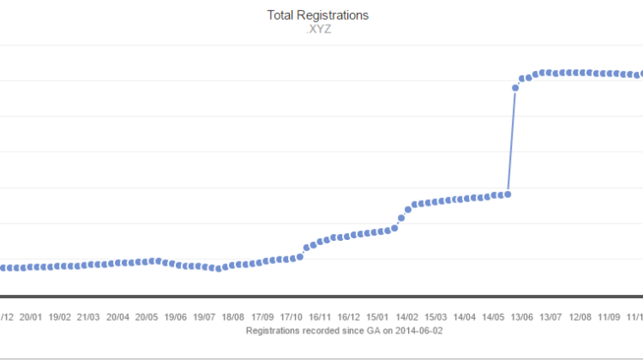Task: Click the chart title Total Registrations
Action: pyautogui.click(x=318, y=15)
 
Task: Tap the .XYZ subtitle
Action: pyautogui.click(x=318, y=29)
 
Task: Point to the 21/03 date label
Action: pyautogui.click(x=88, y=316)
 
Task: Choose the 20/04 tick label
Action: pyautogui.click(x=117, y=316)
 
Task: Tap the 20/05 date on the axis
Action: pyautogui.click(x=147, y=316)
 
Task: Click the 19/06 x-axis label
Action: pyautogui.click(x=176, y=316)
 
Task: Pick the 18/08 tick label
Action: pyautogui.click(x=233, y=316)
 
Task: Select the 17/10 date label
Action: pyautogui.click(x=291, y=316)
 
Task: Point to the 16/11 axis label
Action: pyautogui.click(x=321, y=316)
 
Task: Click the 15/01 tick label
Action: pyautogui.click(x=378, y=316)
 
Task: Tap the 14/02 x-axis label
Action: pyautogui.click(x=407, y=316)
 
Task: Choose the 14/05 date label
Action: pyautogui.click(x=494, y=316)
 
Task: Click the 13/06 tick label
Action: pyautogui.click(x=522, y=316)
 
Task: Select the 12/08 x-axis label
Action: pyautogui.click(x=580, y=316)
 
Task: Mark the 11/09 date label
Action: pyautogui.click(x=610, y=316)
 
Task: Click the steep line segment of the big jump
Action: pyautogui.click(x=512, y=141)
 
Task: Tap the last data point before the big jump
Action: pyautogui.click(x=508, y=195)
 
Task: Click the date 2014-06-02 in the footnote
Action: pyautogui.click(x=417, y=329)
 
